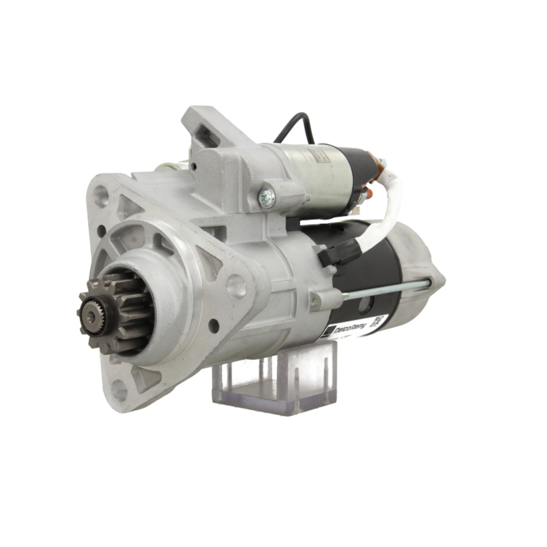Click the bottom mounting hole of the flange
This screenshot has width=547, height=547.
pos(119,390)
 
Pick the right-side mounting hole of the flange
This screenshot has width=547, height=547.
pos(236,286)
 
